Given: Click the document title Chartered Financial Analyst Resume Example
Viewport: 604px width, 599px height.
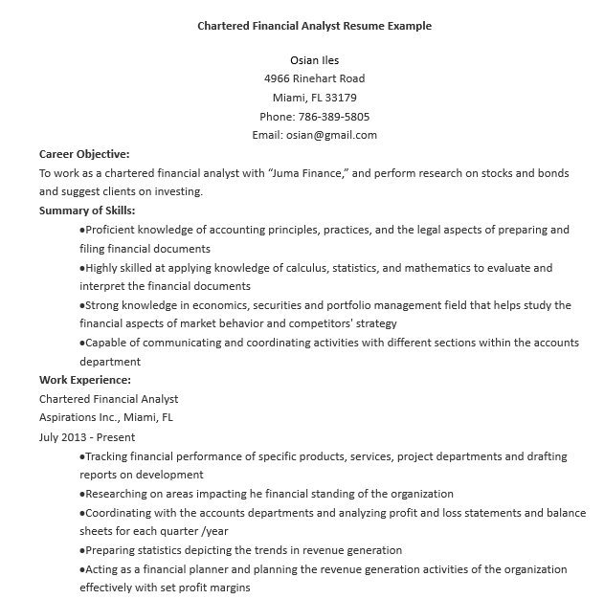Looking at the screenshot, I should pyautogui.click(x=314, y=26).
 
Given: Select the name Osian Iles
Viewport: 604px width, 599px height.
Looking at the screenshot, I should pyautogui.click(x=314, y=59).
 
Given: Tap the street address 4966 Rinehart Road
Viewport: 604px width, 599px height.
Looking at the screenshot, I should pyautogui.click(x=314, y=78).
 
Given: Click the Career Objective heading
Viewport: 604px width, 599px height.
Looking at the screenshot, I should pyautogui.click(x=84, y=153).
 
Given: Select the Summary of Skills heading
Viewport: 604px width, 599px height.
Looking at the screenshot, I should pyautogui.click(x=87, y=211).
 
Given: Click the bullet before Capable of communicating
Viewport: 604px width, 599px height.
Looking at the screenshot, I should pyautogui.click(x=81, y=343).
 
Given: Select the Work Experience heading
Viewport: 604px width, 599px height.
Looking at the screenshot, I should pyautogui.click(x=85, y=380).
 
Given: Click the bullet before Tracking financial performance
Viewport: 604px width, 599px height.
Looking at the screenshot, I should pyautogui.click(x=81, y=456).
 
